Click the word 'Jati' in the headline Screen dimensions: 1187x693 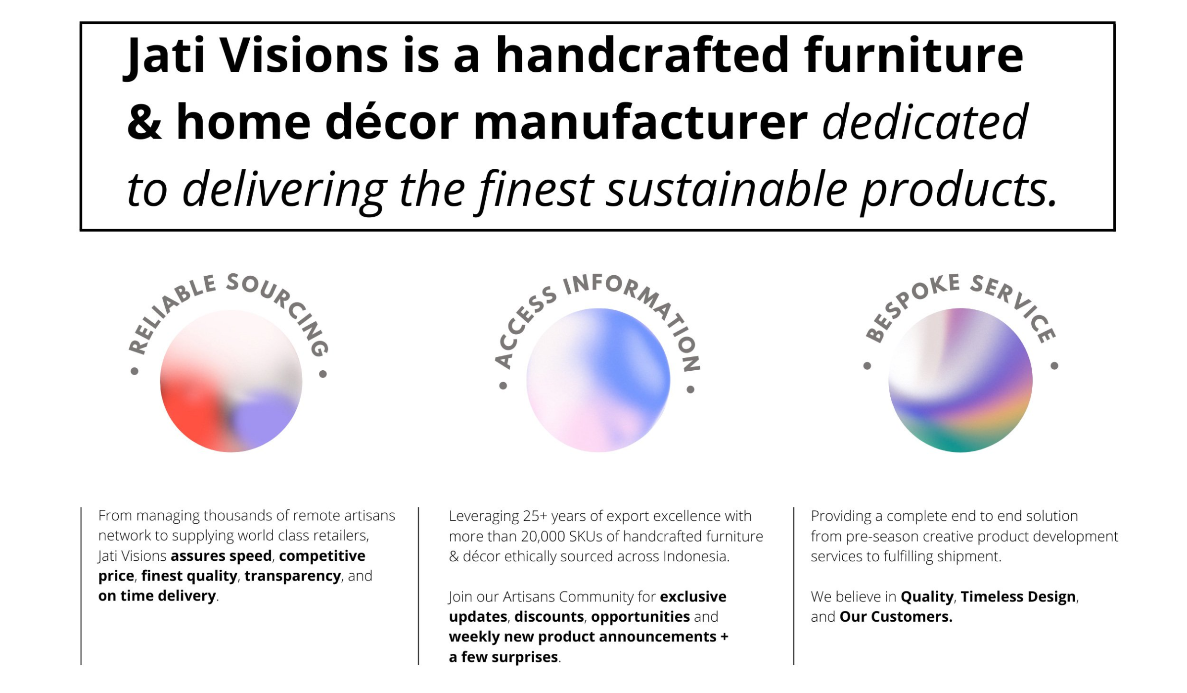pyautogui.click(x=164, y=56)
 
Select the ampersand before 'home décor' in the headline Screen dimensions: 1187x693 pyautogui.click(x=144, y=122)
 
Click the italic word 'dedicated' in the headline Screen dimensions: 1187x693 pyautogui.click(x=925, y=122)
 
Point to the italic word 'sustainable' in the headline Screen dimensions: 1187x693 pyautogui.click(x=727, y=189)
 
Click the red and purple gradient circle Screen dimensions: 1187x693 pyautogui.click(x=231, y=381)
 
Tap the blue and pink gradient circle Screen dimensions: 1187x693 pyautogui.click(x=598, y=380)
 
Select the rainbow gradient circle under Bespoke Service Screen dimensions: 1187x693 pyautogui.click(x=960, y=380)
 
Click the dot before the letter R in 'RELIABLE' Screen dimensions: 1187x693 pyautogui.click(x=135, y=371)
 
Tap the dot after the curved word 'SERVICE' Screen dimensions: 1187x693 pyautogui.click(x=1054, y=366)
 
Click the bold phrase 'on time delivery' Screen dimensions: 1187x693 pyautogui.click(x=157, y=595)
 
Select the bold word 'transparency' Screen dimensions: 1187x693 pyautogui.click(x=292, y=576)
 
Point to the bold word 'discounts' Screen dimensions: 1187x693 pyautogui.click(x=549, y=616)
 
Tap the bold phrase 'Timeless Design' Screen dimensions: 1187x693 pyautogui.click(x=1018, y=596)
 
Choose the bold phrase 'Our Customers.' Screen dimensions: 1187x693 pyautogui.click(x=896, y=616)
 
